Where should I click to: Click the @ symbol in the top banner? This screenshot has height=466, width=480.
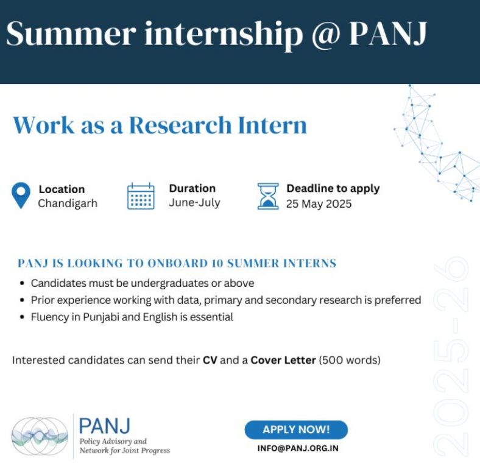tap(326, 35)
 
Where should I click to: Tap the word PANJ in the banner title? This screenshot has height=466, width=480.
tap(388, 33)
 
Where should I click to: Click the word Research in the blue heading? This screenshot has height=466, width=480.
tap(180, 125)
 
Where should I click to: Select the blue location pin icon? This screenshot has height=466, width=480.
tap(21, 196)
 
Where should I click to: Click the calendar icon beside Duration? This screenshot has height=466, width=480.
tap(141, 196)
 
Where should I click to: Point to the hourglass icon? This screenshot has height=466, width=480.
tap(268, 196)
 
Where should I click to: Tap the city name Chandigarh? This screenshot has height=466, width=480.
tap(68, 203)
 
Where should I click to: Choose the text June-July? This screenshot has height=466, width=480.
tap(194, 203)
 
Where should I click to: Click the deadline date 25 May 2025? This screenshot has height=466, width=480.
tap(319, 204)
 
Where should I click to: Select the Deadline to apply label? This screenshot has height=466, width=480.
tap(333, 189)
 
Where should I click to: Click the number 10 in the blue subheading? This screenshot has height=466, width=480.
tap(217, 263)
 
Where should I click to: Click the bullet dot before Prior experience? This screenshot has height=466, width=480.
tap(22, 300)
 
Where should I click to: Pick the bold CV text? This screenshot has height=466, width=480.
tap(210, 360)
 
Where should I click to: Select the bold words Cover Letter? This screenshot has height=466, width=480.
tap(283, 360)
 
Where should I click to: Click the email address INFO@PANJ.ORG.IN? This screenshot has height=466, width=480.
tap(298, 448)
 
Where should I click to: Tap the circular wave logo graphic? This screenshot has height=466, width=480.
tap(40, 436)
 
